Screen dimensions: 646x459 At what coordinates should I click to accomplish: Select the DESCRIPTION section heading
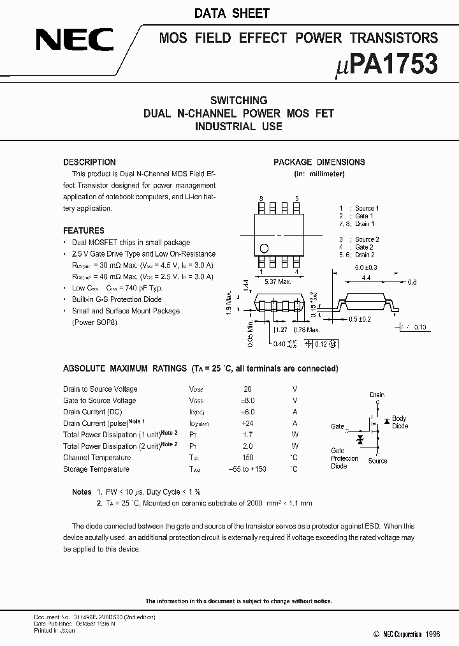point(89,162)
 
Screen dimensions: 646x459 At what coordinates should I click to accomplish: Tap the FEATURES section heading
point(84,230)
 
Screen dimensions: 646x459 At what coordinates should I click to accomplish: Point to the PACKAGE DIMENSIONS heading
point(319,162)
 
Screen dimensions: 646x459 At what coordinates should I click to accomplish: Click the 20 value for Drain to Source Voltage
point(248,389)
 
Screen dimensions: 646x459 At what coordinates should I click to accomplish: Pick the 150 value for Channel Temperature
point(248,458)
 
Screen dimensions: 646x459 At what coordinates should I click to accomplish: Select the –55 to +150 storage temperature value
point(247,469)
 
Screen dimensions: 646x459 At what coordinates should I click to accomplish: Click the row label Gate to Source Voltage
point(99,401)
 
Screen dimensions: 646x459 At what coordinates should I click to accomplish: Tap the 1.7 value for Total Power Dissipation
point(248,435)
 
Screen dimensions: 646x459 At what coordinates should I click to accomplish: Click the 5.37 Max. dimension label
point(278,281)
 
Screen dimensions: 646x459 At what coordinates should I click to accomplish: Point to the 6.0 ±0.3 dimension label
point(366,267)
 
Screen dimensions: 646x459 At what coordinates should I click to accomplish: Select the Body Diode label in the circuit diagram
point(400,423)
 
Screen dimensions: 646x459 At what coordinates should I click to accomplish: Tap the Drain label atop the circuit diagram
point(377,395)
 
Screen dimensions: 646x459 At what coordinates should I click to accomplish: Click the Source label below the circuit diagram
point(377,461)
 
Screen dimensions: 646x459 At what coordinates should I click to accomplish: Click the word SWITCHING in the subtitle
point(238,100)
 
